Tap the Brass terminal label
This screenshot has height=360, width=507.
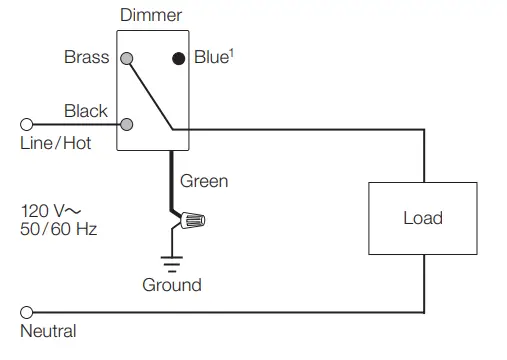pyautogui.click(x=87, y=58)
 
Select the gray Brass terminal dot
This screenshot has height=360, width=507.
pyautogui.click(x=127, y=58)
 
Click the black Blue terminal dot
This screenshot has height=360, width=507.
pyautogui.click(x=178, y=58)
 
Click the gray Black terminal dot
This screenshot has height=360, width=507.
pyautogui.click(x=127, y=125)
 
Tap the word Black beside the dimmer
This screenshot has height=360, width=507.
pyautogui.click(x=86, y=110)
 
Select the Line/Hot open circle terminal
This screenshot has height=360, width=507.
pyautogui.click(x=26, y=125)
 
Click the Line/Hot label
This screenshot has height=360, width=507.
pyautogui.click(x=56, y=144)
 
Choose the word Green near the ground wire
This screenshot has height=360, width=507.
pyautogui.click(x=204, y=181)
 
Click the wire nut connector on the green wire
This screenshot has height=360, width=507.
pyautogui.click(x=193, y=219)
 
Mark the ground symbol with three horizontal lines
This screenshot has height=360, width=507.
pyautogui.click(x=172, y=262)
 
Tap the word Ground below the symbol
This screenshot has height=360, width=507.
pyautogui.click(x=172, y=285)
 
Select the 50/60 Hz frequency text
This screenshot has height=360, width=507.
pyautogui.click(x=59, y=230)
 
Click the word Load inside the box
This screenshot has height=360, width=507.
pyautogui.click(x=423, y=218)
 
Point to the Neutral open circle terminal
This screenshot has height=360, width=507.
pyautogui.click(x=26, y=312)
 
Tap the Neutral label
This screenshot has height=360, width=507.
pyautogui.click(x=48, y=331)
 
